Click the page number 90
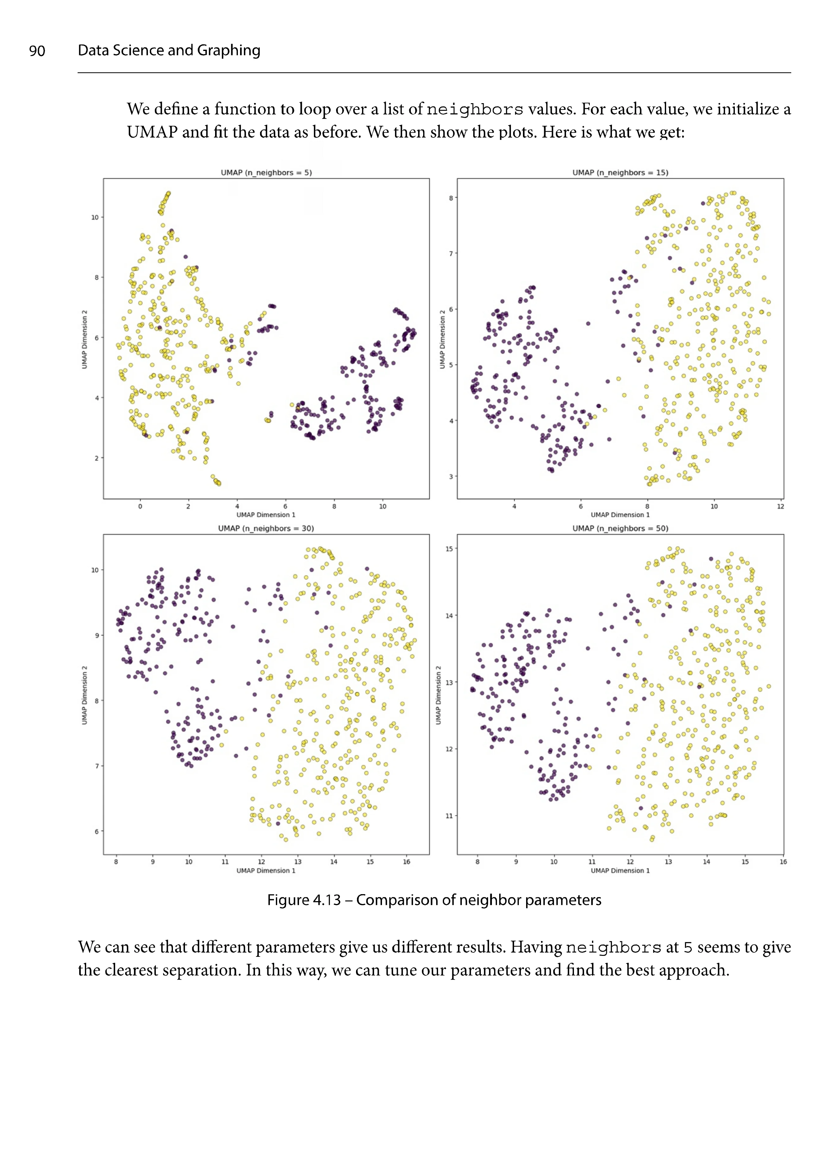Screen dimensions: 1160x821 (x=37, y=51)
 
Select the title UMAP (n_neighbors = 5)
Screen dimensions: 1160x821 (x=266, y=173)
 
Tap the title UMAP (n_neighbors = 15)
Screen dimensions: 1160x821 (x=620, y=173)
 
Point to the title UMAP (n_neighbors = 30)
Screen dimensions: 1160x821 (x=266, y=529)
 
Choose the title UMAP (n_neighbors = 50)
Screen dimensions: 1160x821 (x=620, y=529)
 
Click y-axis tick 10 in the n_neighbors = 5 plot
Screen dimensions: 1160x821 (x=94, y=218)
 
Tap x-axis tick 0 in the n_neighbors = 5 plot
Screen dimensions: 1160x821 (x=140, y=506)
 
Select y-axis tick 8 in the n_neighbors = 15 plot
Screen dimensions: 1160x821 (x=451, y=198)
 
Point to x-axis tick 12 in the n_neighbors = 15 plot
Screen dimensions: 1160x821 (x=780, y=506)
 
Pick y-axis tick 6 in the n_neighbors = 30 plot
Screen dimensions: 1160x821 (x=97, y=831)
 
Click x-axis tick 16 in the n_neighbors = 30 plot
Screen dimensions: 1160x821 (x=406, y=862)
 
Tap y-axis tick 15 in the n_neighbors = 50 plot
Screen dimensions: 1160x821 (x=449, y=549)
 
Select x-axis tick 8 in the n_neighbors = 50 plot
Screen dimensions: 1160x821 (x=477, y=862)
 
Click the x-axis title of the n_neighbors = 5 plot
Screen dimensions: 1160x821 (x=266, y=515)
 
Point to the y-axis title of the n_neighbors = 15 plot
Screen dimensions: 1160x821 (x=442, y=339)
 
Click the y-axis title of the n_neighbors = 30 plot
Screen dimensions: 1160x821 (x=85, y=695)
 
